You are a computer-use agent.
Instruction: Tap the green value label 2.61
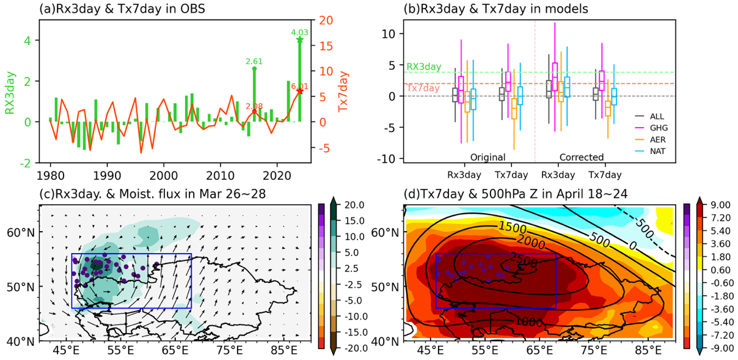pos(254,61)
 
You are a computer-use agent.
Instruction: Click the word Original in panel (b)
pos(487,157)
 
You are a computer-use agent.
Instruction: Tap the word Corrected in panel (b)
pos(581,157)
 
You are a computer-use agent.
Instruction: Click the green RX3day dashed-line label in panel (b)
pos(423,67)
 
